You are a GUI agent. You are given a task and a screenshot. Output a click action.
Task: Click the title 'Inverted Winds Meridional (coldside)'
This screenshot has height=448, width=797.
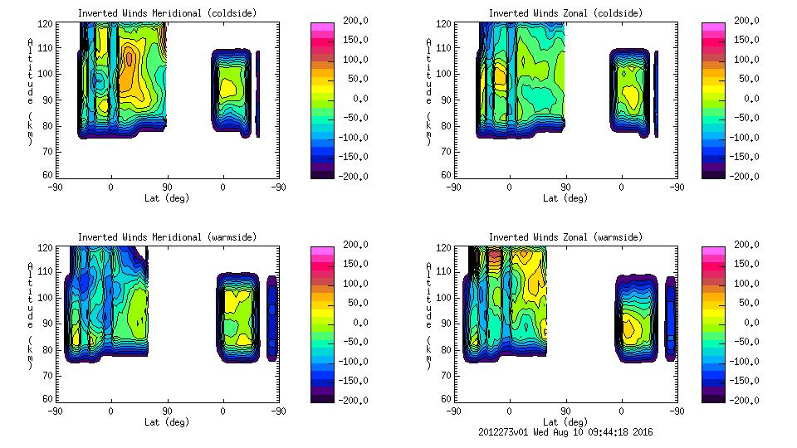(x=167, y=13)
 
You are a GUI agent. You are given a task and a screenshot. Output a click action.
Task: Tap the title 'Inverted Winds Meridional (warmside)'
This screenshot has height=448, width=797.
(x=167, y=237)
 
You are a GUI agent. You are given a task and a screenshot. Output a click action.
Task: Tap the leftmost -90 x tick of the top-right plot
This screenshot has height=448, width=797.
(x=453, y=187)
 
